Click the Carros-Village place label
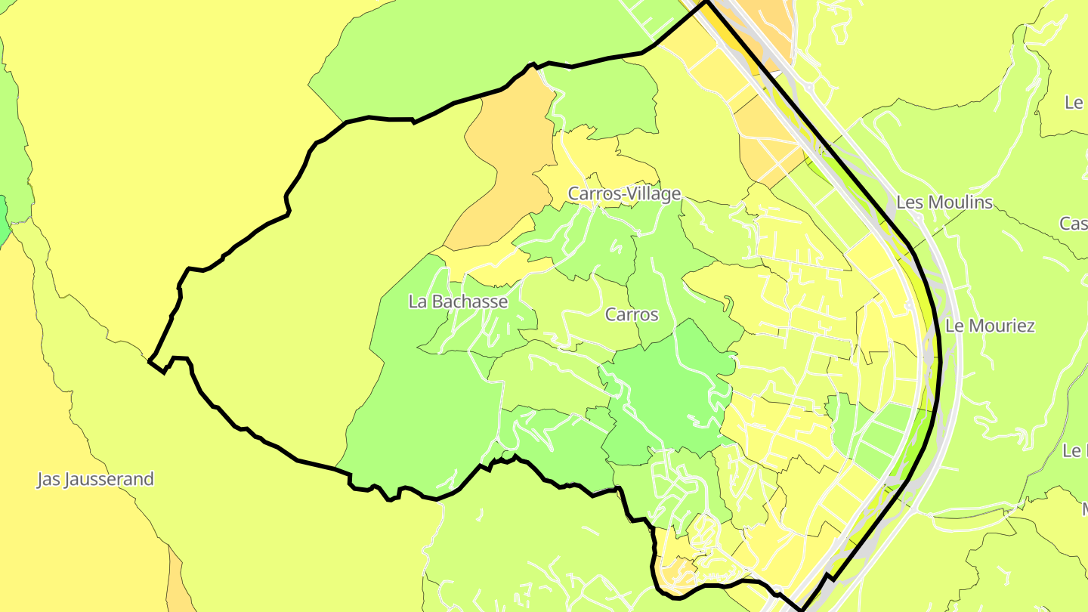[624, 194]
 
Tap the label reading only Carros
[632, 314]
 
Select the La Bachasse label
[458, 301]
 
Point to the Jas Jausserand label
[95, 479]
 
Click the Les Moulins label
[944, 202]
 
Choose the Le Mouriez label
[990, 326]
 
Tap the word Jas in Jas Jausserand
[48, 479]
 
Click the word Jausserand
[109, 479]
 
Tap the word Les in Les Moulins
[909, 202]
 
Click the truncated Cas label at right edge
[1074, 224]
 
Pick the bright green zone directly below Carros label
[665, 393]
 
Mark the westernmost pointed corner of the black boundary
[149, 361]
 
